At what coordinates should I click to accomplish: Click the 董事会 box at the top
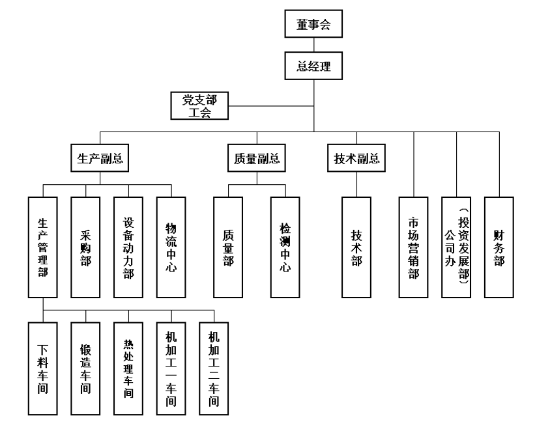click(x=314, y=26)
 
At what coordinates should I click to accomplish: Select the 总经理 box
click(x=314, y=65)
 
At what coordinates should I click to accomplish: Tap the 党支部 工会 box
click(x=199, y=106)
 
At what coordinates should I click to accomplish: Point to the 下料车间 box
click(x=43, y=368)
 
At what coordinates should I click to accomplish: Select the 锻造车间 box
click(x=86, y=368)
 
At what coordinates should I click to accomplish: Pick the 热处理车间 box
click(x=128, y=368)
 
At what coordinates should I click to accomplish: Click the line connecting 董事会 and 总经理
click(x=314, y=46)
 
